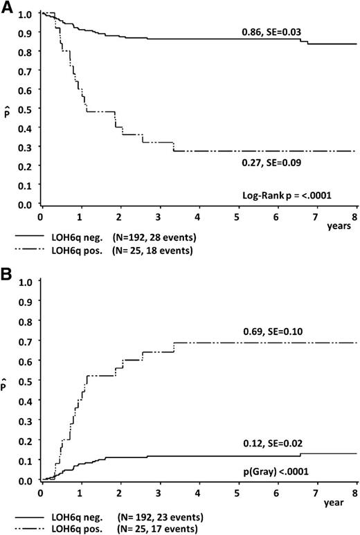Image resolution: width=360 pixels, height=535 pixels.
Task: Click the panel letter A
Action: click(x=8, y=8)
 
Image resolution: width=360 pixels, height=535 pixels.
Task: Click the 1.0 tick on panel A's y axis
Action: click(x=26, y=14)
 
